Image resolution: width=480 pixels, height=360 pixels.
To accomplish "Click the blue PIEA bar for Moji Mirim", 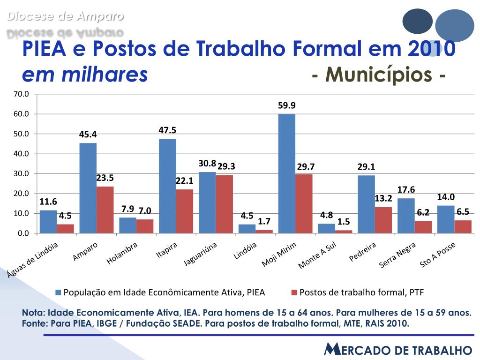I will pos(286,173).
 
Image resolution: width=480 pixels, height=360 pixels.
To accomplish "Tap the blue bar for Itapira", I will pos(167,186).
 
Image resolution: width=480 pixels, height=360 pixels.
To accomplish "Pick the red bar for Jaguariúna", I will pos(224,204).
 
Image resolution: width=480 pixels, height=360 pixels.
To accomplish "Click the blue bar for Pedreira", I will pos(366,204).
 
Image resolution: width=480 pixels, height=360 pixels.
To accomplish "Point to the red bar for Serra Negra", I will pos(423,227).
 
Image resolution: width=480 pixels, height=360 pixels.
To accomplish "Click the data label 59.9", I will pos(287,105).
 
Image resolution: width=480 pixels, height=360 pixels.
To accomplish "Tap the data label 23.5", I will pos(105,178).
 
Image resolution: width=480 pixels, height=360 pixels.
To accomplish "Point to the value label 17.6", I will pos(406,190).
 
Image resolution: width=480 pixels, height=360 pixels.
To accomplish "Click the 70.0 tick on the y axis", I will pos(22,94).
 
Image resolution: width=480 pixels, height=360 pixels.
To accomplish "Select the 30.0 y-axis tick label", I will pos(22,173).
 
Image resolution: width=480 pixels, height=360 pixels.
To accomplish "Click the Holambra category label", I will pos(122,253).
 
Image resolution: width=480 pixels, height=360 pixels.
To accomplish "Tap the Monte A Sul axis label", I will pos(318,256).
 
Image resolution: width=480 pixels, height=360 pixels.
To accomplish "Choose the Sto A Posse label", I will pos(437,255).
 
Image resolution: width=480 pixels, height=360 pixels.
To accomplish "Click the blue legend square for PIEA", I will pos(59,292).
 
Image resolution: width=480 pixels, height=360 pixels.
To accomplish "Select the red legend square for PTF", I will pos(294,292).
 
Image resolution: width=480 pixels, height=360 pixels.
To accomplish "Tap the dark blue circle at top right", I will pos(417,21).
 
